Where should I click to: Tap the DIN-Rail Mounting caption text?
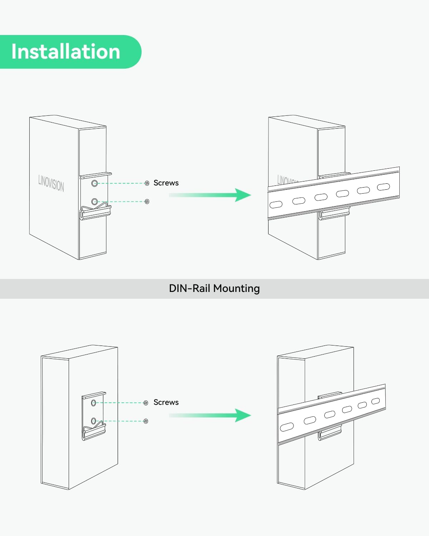[x=214, y=288]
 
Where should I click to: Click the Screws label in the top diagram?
[x=166, y=183]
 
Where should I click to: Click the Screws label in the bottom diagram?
[x=166, y=402]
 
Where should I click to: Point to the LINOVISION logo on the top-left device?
[x=51, y=183]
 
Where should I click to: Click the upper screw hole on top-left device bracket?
[x=94, y=183]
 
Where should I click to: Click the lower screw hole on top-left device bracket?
[x=94, y=202]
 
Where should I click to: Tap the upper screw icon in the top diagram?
[x=147, y=183]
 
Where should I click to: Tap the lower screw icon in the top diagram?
[x=147, y=202]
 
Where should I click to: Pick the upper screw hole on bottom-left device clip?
[x=93, y=403]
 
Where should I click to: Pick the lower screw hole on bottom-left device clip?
[x=93, y=421]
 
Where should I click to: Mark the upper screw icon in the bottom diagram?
[x=146, y=403]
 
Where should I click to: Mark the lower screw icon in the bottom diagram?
[x=146, y=421]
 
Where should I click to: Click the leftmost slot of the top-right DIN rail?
[x=276, y=204]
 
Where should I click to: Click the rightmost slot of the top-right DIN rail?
[x=384, y=187]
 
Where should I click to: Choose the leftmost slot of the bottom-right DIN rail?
[x=287, y=427]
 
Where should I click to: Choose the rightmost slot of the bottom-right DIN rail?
[x=375, y=401]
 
